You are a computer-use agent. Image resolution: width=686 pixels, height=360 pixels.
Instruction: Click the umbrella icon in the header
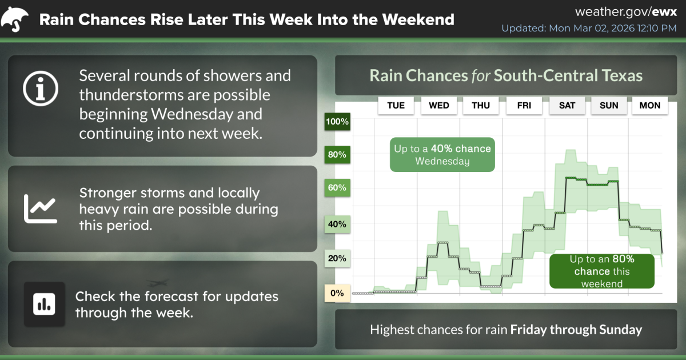click(14, 19)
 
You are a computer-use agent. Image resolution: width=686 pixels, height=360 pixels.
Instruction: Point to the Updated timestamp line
click(589, 28)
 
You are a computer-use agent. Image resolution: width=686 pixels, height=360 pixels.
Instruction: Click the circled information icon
click(41, 89)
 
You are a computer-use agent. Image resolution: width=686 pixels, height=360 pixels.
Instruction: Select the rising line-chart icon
click(41, 209)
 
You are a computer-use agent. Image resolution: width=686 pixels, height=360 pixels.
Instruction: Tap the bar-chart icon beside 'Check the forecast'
click(45, 304)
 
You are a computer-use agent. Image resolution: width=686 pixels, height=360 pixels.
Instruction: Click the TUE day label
click(396, 106)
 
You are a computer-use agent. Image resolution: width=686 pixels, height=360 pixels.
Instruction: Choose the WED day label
click(439, 106)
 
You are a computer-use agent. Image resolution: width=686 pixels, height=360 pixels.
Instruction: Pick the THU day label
click(481, 106)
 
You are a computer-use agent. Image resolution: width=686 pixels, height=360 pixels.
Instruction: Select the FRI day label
click(524, 106)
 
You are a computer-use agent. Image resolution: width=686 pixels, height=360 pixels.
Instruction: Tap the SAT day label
click(567, 106)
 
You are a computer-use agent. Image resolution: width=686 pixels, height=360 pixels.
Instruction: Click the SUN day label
click(609, 106)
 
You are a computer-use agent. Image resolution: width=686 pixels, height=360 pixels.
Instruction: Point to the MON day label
click(650, 106)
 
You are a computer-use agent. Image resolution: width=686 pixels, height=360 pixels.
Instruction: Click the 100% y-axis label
click(337, 122)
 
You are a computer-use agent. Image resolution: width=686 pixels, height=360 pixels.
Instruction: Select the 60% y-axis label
click(337, 187)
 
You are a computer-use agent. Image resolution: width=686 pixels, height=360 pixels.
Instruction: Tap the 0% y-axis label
click(337, 293)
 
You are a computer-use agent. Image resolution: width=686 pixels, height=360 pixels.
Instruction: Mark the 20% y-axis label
click(337, 258)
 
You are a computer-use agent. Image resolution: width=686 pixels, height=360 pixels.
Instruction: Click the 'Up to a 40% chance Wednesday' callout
click(442, 155)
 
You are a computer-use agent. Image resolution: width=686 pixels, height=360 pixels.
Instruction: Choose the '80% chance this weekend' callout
click(602, 271)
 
